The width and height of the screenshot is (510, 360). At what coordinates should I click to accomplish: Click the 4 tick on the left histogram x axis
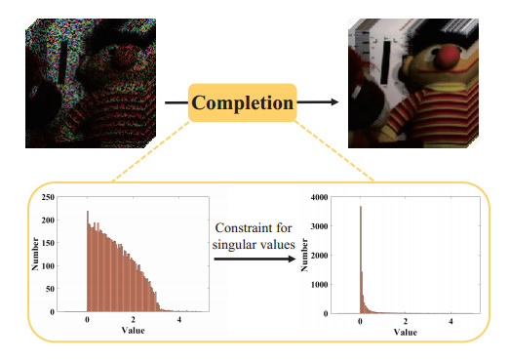179,321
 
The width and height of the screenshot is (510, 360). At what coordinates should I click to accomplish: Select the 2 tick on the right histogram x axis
406,321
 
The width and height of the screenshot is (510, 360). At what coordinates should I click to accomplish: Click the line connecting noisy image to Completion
176,101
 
